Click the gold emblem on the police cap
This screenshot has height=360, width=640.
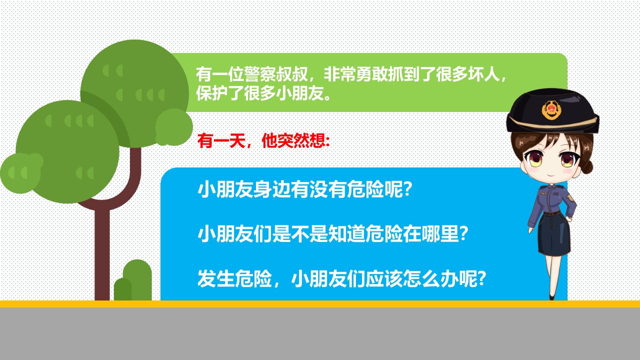tap(551, 110)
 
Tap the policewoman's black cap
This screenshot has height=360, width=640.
tap(552, 111)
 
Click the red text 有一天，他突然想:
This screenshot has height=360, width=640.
tap(263, 140)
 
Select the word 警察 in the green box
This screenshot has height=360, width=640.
tap(260, 74)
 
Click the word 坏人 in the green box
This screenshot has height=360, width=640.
tap(483, 74)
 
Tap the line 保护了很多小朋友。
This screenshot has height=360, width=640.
tap(263, 93)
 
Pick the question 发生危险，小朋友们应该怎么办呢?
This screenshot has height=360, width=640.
tap(341, 278)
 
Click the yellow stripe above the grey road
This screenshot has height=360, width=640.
tap(320, 304)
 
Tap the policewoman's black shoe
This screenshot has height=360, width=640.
tap(551, 297)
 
